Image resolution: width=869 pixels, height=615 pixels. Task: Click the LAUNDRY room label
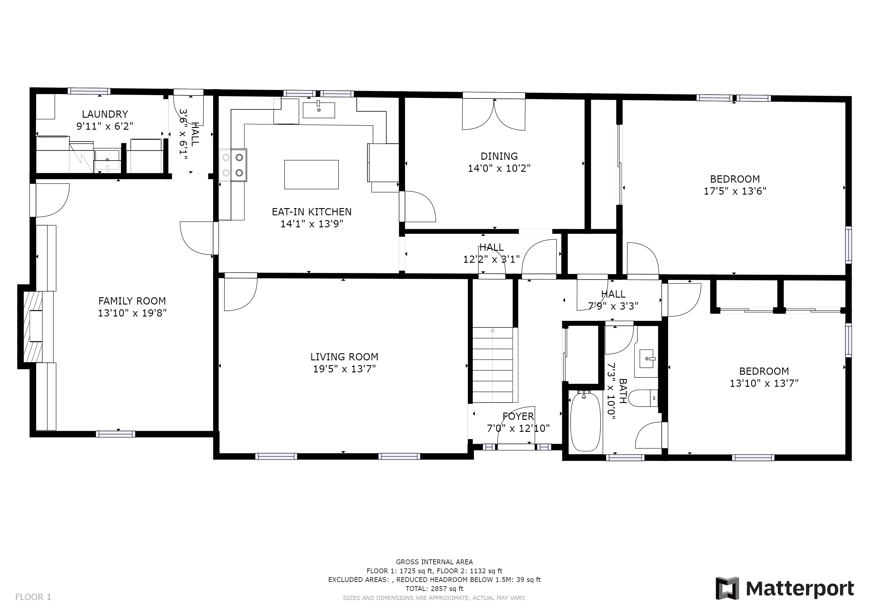[x=105, y=114]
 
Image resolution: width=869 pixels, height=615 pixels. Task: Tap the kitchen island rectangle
[x=311, y=174]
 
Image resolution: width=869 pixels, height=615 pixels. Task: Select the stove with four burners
[x=233, y=165]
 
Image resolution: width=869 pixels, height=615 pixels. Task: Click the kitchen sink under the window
[x=319, y=110]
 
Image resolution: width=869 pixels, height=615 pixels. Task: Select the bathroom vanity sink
[x=647, y=358]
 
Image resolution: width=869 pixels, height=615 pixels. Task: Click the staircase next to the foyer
[x=493, y=365]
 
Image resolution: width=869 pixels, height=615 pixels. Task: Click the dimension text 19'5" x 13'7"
[x=344, y=368]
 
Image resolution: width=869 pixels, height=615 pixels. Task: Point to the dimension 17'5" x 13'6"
[x=735, y=191]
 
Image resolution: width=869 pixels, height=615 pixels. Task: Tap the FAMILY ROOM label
[x=132, y=301]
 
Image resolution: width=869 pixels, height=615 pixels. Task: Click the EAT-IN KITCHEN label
[x=311, y=212]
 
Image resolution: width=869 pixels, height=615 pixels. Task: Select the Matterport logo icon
[x=727, y=588]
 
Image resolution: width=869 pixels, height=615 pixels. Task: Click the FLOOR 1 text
[x=33, y=597]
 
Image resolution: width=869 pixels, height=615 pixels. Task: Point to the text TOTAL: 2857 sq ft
[x=434, y=589]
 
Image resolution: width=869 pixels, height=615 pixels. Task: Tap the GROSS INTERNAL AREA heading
[x=434, y=562]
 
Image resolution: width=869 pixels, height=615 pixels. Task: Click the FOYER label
[x=518, y=416]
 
